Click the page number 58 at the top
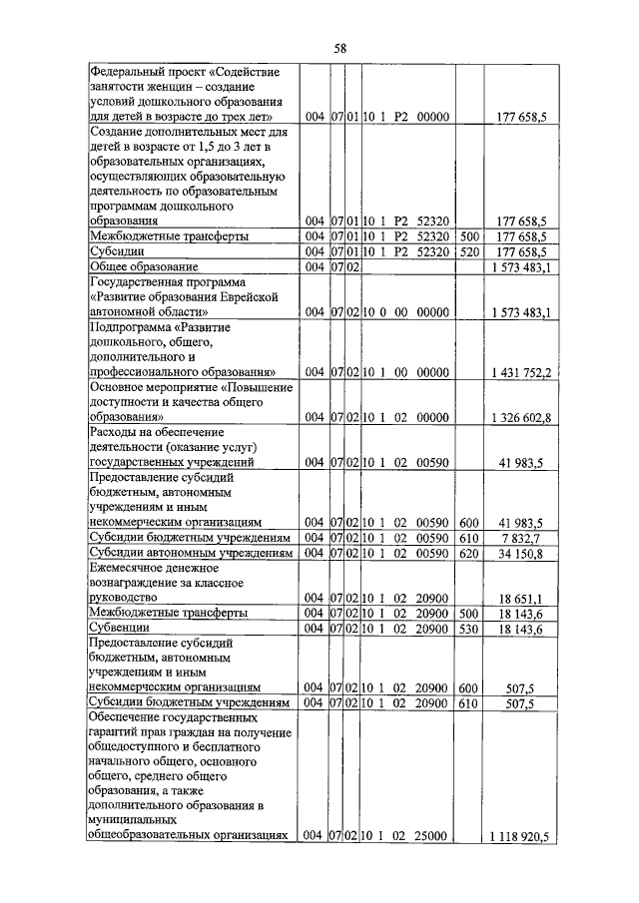[x=319, y=46]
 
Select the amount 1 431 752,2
[x=520, y=372]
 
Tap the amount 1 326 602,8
[x=520, y=416]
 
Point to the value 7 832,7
[x=525, y=537]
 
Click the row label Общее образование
[x=145, y=266]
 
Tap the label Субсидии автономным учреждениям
[x=186, y=552]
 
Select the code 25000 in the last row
[x=430, y=835]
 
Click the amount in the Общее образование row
[x=520, y=267]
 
